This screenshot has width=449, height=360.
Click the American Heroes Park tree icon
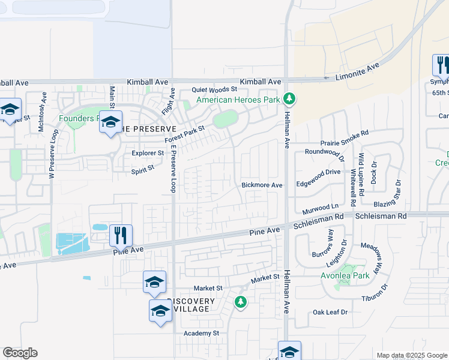(x=289, y=98)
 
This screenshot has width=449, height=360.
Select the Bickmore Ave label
(x=262, y=185)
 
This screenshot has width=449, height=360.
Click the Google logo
(x=20, y=353)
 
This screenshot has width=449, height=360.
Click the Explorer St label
(x=148, y=153)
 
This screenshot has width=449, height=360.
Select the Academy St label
(x=202, y=333)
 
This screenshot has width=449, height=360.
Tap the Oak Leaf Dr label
(x=331, y=313)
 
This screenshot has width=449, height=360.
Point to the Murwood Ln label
(x=321, y=207)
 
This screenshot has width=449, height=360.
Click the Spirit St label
(x=143, y=170)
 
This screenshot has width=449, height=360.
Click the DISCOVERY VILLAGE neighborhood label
(x=191, y=305)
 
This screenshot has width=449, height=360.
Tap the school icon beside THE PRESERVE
(x=110, y=122)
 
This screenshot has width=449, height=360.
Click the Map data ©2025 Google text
(x=411, y=355)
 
